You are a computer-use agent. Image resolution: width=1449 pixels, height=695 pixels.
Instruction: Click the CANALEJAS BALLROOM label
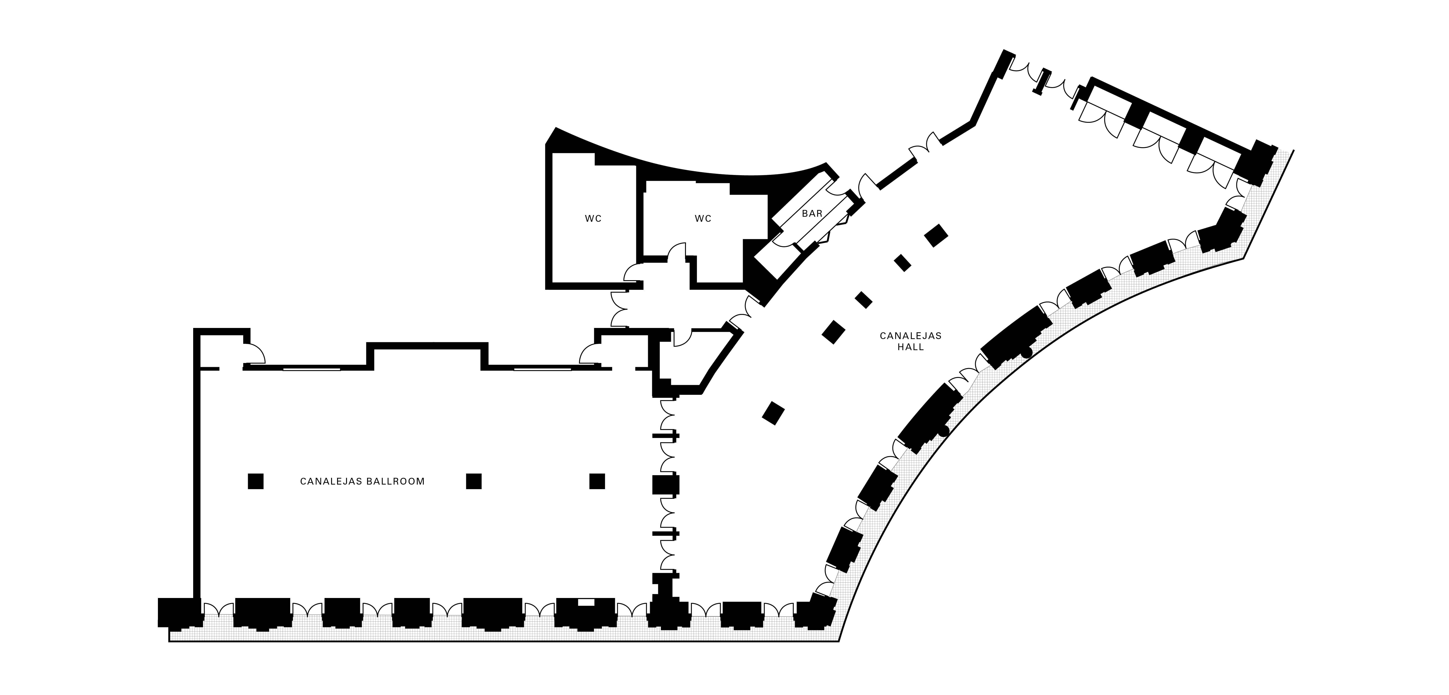tap(362, 481)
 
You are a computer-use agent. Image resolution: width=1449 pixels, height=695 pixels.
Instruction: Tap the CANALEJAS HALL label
tap(911, 341)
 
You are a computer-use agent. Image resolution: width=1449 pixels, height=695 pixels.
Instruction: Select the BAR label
tap(812, 214)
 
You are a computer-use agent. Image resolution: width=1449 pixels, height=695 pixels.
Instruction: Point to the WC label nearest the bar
tap(703, 219)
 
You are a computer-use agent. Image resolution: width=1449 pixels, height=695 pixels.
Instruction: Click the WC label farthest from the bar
tap(594, 219)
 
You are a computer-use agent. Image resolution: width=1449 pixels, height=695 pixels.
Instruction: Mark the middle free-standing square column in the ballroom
tap(474, 481)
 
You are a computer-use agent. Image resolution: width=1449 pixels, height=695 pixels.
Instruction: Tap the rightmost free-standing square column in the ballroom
tap(597, 481)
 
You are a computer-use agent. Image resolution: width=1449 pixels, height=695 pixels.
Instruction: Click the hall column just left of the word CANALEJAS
tap(834, 332)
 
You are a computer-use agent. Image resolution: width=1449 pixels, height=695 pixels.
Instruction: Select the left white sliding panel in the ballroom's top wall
tap(312, 369)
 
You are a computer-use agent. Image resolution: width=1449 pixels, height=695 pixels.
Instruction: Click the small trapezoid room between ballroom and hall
tap(692, 360)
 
